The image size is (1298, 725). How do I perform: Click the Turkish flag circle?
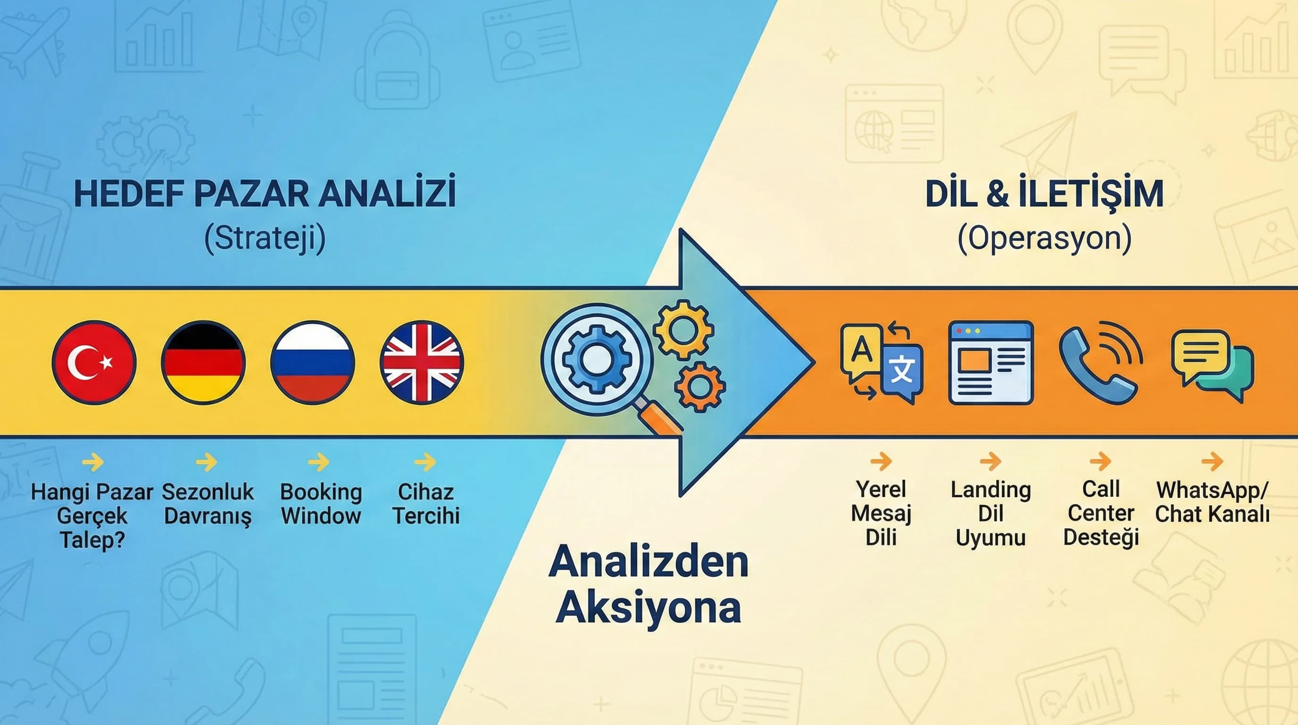pyautogui.click(x=94, y=362)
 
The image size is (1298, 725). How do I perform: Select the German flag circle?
pyautogui.click(x=203, y=362)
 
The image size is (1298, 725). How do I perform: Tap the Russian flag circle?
pyautogui.click(x=312, y=362)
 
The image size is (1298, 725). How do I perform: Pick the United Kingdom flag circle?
pyautogui.click(x=422, y=362)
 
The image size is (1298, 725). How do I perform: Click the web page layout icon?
pyautogui.click(x=990, y=362)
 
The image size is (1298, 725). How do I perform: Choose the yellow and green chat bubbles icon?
pyautogui.click(x=1212, y=364)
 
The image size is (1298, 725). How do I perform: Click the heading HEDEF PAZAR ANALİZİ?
pyautogui.click(x=265, y=194)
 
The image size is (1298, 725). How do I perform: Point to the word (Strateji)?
pyautogui.click(x=265, y=238)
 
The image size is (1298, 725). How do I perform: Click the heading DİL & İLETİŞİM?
pyautogui.click(x=1044, y=194)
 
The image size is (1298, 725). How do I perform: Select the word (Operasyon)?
pyautogui.click(x=1044, y=238)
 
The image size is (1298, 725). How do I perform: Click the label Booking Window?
pyautogui.click(x=321, y=504)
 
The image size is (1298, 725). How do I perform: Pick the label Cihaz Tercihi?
pyautogui.click(x=426, y=504)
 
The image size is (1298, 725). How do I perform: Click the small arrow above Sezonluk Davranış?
pyautogui.click(x=207, y=461)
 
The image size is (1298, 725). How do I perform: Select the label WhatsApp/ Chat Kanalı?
pyautogui.click(x=1212, y=502)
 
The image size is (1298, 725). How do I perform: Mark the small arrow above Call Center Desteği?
pyautogui.click(x=1100, y=461)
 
